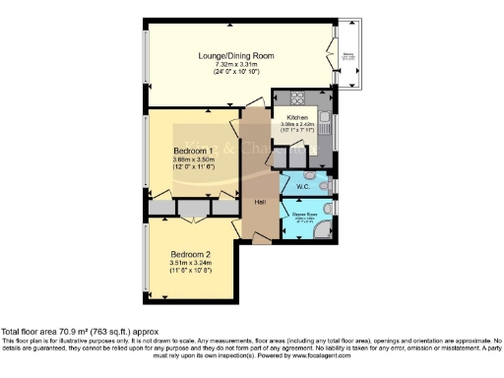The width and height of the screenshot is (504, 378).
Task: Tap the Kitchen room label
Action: tap(297, 117)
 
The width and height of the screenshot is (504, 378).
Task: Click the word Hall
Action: tap(260, 201)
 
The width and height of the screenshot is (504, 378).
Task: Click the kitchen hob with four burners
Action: tap(296, 97)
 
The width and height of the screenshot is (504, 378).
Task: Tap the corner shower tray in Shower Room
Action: tap(324, 230)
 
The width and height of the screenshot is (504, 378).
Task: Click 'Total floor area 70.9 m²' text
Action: tap(59, 332)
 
